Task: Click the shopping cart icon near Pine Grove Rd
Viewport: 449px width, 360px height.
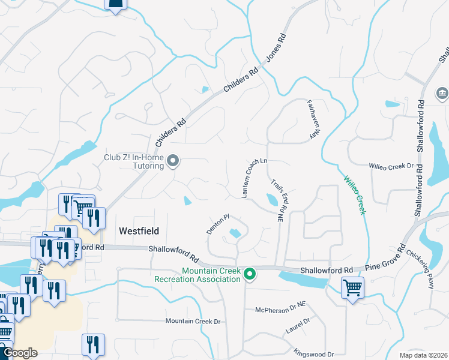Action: tap(352, 289)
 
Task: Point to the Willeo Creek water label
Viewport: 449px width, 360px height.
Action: tap(354, 195)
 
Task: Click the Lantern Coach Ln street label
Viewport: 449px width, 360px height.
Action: tap(254, 179)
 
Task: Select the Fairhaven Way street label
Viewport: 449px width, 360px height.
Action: tap(312, 119)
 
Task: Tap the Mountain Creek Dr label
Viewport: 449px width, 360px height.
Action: tap(193, 321)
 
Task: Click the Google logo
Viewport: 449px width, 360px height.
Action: tap(20, 353)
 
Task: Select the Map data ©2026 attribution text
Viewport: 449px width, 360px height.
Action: tap(423, 355)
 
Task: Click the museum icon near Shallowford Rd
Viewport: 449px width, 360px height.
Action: tap(442, 94)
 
